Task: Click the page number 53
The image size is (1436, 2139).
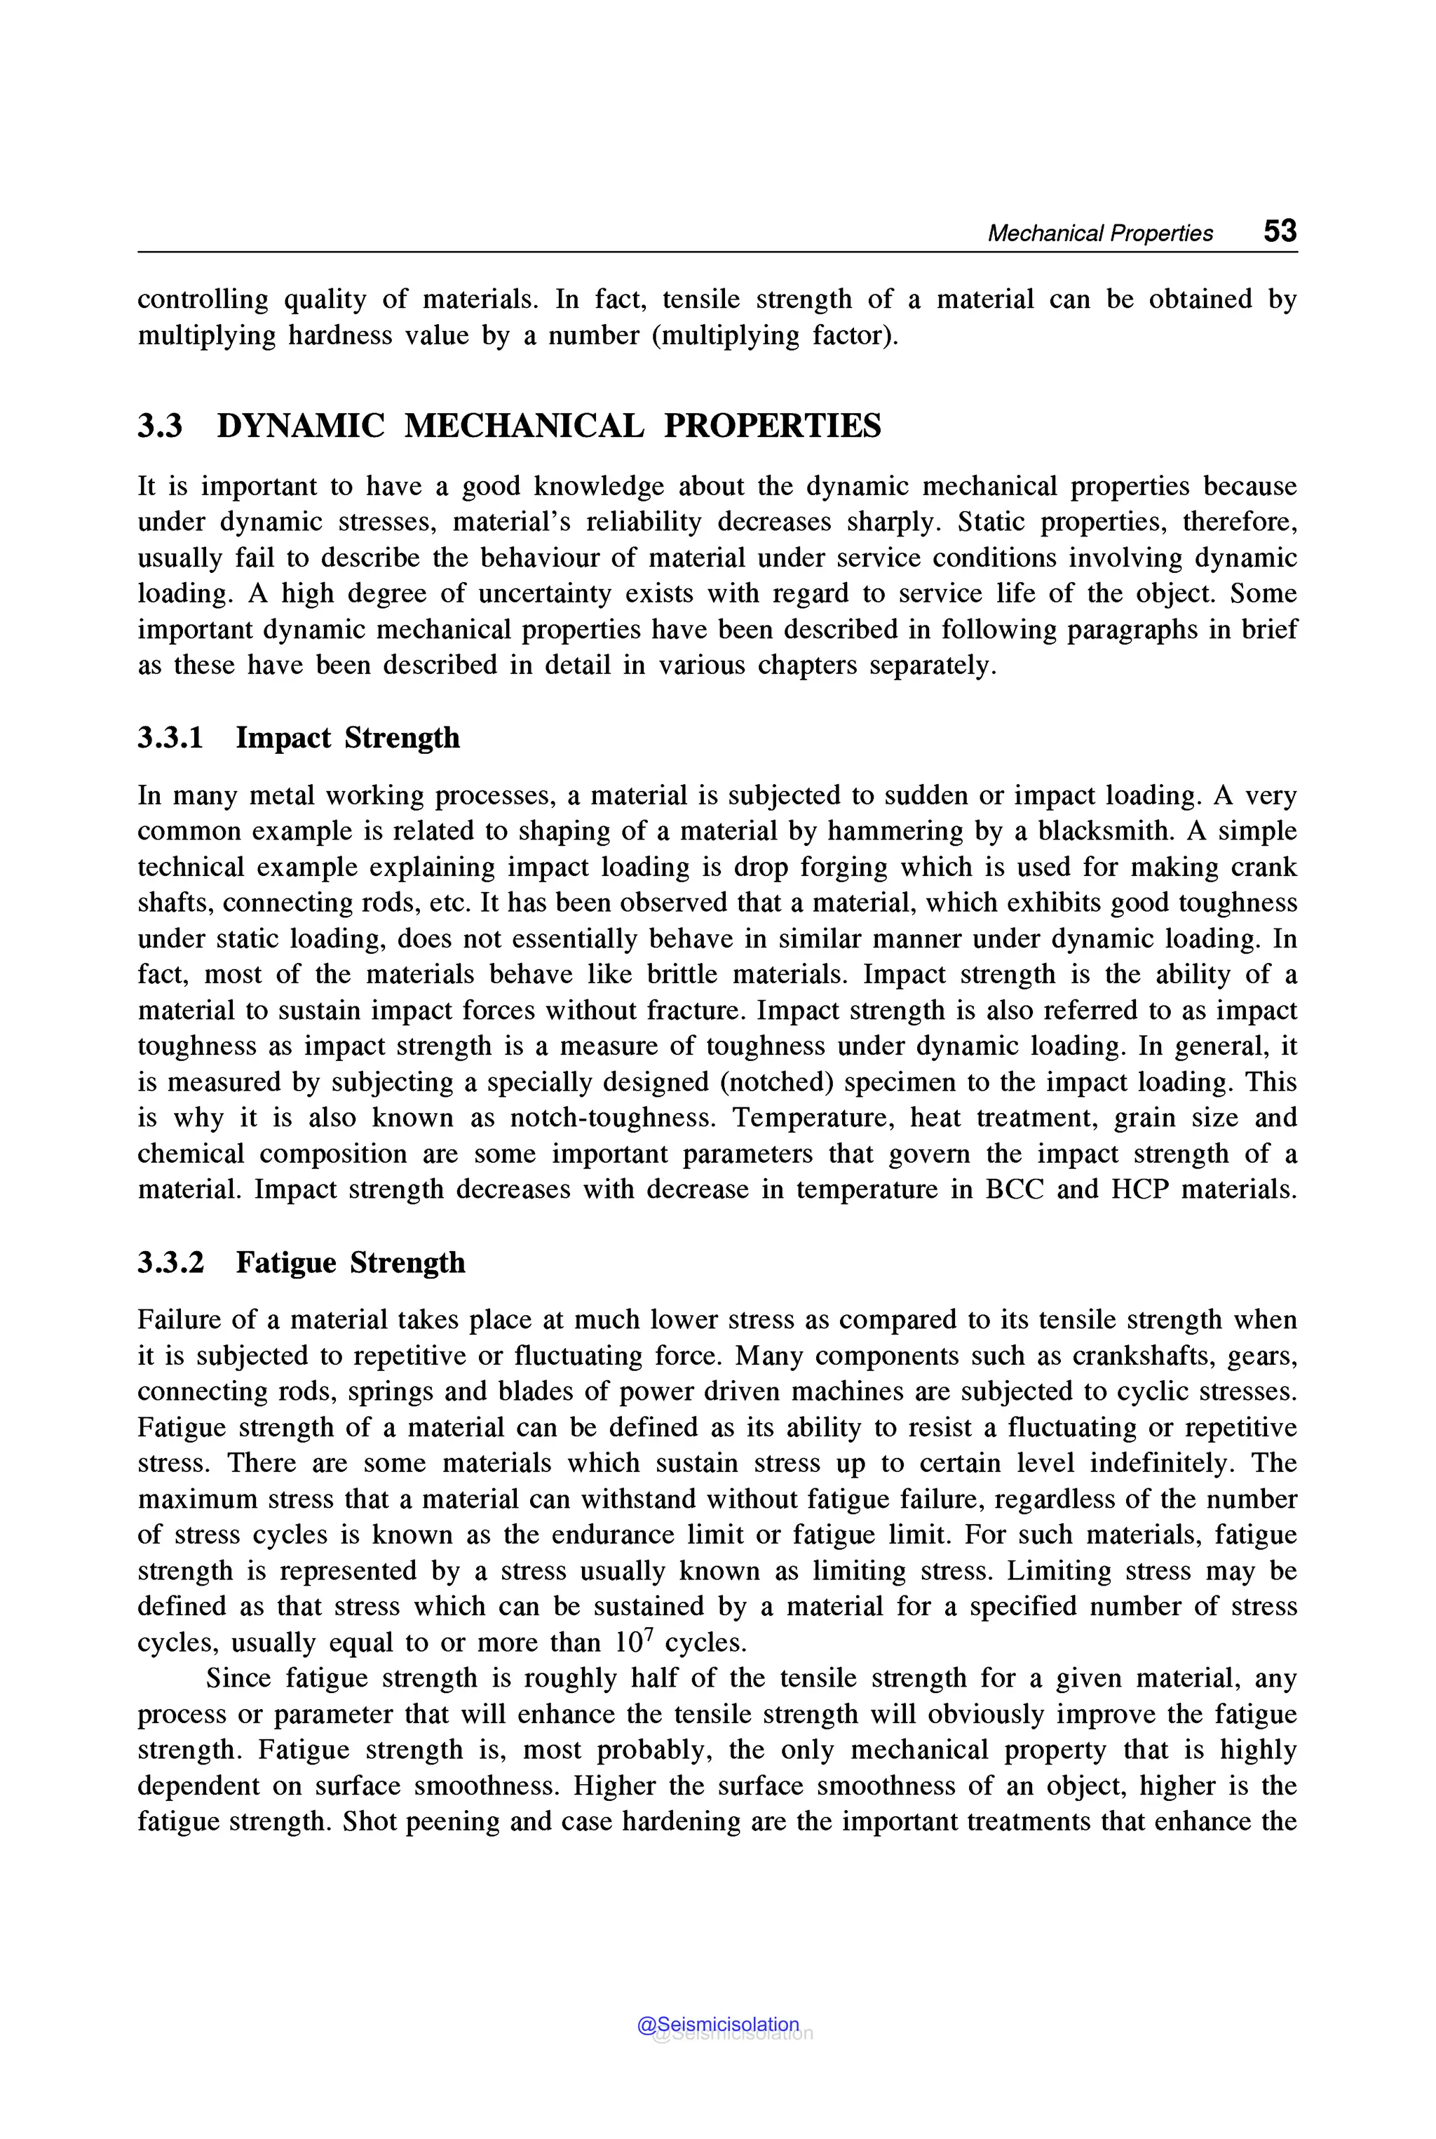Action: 1280,231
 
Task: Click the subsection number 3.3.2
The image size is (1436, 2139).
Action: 171,1262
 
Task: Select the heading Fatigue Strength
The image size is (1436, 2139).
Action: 351,1262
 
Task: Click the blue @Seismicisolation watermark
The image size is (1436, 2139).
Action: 718,2025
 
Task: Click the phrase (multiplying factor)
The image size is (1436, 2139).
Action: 775,335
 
